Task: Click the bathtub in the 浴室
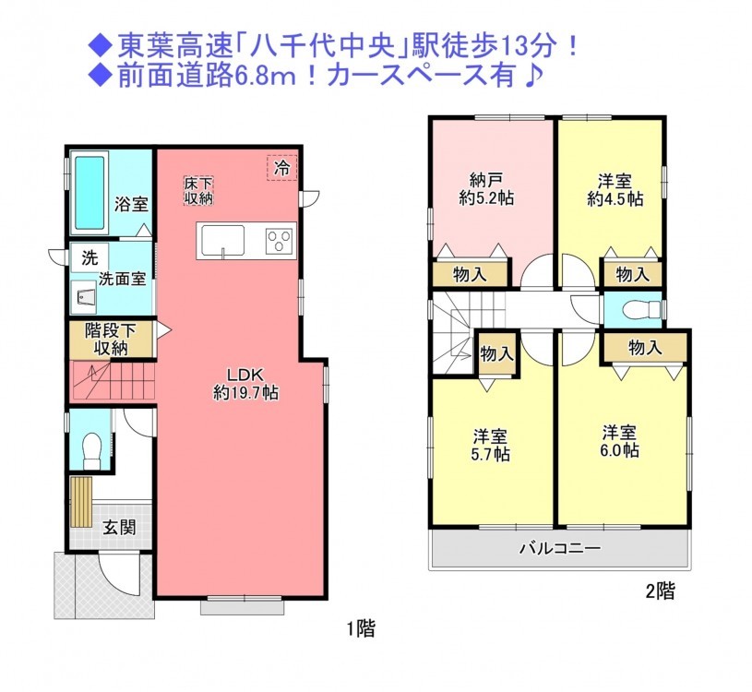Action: [90, 193]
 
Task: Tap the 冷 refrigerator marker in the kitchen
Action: [282, 168]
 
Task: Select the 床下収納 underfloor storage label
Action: [198, 191]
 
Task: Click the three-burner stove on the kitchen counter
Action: [280, 237]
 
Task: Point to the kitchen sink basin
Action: [222, 241]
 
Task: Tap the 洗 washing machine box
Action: [90, 257]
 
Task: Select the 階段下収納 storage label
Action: [111, 339]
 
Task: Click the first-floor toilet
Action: [90, 450]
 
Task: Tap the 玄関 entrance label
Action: [119, 528]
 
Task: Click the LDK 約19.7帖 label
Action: [245, 384]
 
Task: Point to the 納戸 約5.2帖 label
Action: [486, 189]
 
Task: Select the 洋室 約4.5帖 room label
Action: [615, 190]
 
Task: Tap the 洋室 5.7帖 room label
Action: [490, 445]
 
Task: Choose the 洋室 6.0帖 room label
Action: [619, 441]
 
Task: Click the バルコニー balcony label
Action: [560, 548]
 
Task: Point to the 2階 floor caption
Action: [661, 591]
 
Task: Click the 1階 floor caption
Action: [361, 628]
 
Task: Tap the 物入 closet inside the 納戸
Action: [470, 275]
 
